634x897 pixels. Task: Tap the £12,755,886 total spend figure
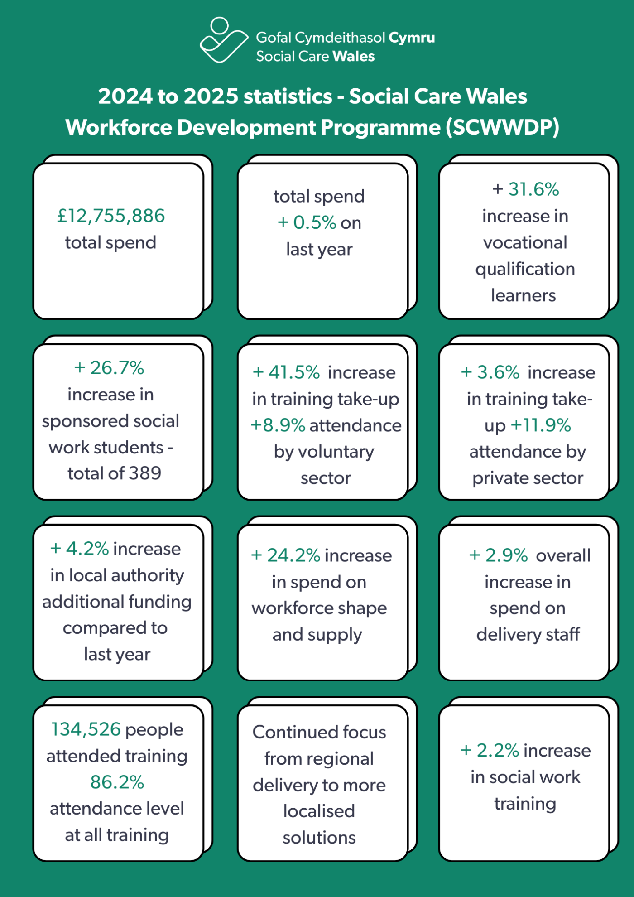pos(111,216)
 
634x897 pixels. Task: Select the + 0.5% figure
pos(307,223)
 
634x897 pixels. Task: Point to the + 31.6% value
pos(525,189)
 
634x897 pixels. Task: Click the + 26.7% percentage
pos(109,368)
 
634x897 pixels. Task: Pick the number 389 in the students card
pos(145,473)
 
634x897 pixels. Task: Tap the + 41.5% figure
pos(286,372)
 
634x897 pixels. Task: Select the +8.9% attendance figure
pos(278,425)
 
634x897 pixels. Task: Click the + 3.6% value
pos(490,372)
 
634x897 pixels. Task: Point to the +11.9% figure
pos(541,425)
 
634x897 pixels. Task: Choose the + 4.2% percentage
pos(79,549)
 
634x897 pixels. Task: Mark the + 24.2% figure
pos(286,555)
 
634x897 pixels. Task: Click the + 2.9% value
pos(498,555)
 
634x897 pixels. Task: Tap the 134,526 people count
pos(86,729)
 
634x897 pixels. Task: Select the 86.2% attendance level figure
pos(117,782)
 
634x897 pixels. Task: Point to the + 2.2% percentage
pos(490,751)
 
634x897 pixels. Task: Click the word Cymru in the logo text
pos(412,38)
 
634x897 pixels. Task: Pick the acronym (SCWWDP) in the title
pos(503,127)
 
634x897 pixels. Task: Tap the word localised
pos(319,811)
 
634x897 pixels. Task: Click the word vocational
pos(525,243)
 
